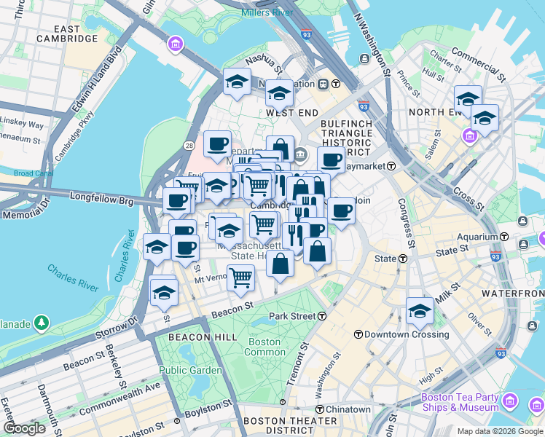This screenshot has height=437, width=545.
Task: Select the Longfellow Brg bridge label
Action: (101, 197)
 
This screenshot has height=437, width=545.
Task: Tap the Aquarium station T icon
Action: (504, 237)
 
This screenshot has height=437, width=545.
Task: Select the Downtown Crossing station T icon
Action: (358, 334)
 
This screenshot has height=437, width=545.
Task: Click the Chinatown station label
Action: (348, 410)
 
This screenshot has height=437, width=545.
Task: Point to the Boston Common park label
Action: (264, 347)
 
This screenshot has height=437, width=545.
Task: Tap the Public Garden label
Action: (189, 370)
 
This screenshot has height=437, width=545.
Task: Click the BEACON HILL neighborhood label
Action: (203, 337)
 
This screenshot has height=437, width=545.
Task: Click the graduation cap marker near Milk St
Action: (420, 311)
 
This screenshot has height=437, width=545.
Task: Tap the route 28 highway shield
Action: (189, 147)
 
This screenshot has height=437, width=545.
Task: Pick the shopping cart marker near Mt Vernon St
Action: (240, 276)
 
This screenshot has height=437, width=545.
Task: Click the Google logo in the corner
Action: (25, 428)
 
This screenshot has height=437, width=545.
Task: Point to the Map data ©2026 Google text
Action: (500, 431)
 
